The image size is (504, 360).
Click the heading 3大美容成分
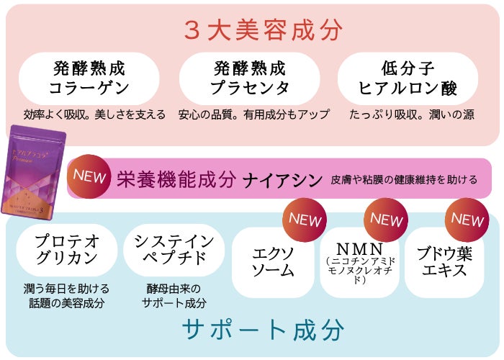coord(263,30)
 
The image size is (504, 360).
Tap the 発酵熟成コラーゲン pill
coord(89,78)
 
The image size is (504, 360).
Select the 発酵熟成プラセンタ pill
coord(249,78)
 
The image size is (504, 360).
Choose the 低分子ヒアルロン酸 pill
coord(408,78)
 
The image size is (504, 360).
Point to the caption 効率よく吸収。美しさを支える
coord(94,114)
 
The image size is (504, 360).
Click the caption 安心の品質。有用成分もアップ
coord(254,114)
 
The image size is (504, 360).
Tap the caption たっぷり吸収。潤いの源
coord(411,114)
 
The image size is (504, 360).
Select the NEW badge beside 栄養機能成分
coord(90,175)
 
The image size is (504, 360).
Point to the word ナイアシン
coord(282,179)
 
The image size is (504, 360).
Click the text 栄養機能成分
coord(176,179)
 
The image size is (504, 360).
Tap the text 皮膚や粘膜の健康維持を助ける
coord(405,179)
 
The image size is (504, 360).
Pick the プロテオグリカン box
coord(67,249)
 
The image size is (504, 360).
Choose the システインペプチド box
coord(169,249)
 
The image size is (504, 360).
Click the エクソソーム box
coord(274,263)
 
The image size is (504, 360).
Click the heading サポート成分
coord(262,329)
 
